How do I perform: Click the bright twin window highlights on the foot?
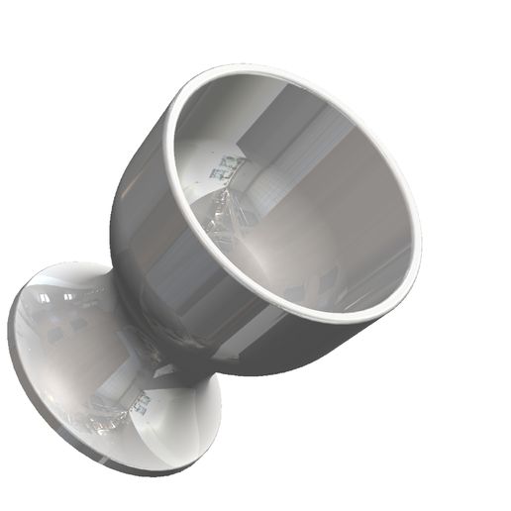[59, 294]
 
